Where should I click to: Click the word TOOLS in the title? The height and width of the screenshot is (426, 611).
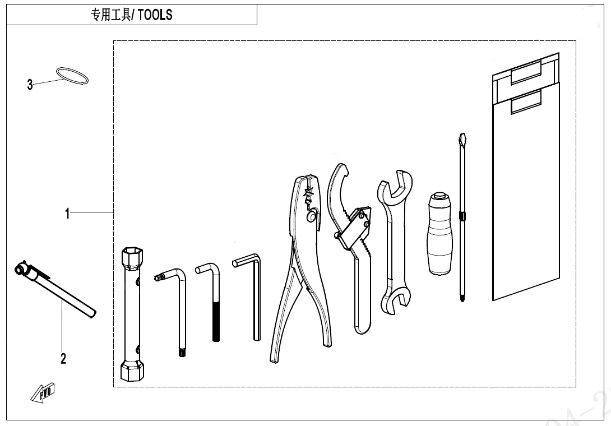click(x=155, y=15)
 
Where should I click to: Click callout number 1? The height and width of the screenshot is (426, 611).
click(x=67, y=214)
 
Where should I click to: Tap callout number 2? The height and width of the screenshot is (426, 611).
click(x=63, y=359)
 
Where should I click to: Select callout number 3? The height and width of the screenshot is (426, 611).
click(x=30, y=85)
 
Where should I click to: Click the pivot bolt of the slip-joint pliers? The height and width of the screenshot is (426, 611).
click(x=311, y=215)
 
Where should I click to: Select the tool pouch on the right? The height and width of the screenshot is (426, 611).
click(x=525, y=185)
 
